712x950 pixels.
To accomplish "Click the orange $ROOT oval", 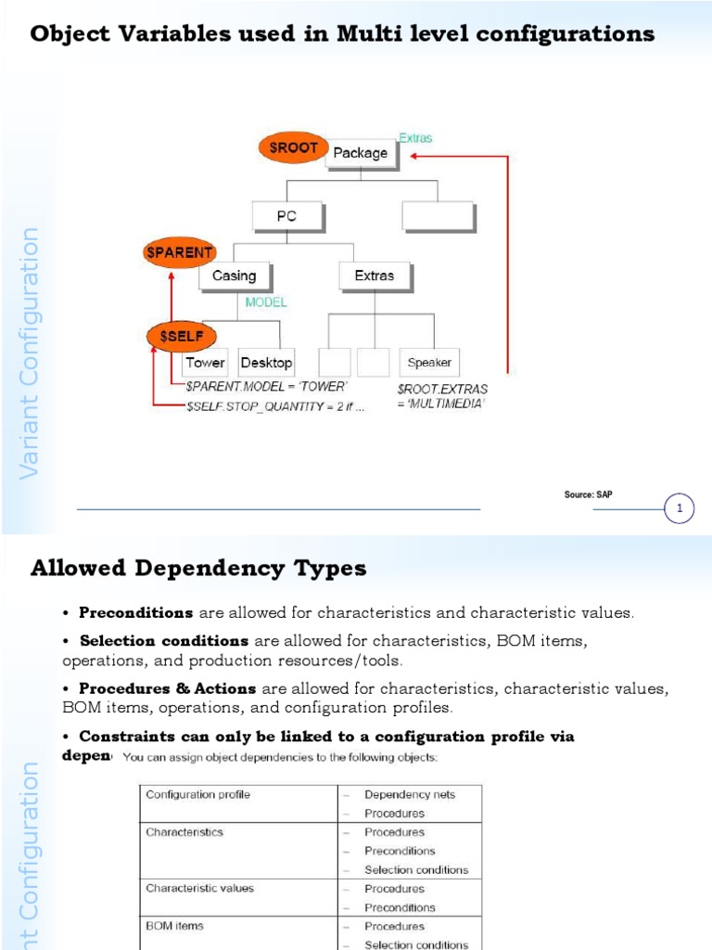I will tap(293, 148).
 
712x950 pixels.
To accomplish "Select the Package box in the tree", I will tap(361, 154).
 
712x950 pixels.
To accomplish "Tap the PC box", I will tap(286, 217).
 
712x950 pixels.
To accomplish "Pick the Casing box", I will tap(234, 276).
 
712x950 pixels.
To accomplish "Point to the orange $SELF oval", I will tap(182, 337).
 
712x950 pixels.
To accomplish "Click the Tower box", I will tap(205, 363).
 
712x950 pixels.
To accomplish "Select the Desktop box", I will tap(266, 363).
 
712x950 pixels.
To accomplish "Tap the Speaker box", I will tap(429, 363).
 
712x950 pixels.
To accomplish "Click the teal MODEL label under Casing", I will tap(266, 302).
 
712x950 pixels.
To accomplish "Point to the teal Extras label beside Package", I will tap(415, 138).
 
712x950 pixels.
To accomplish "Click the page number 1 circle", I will tap(680, 508).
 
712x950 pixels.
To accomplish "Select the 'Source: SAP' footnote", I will tap(588, 494).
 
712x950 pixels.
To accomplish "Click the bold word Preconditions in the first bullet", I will tap(136, 612).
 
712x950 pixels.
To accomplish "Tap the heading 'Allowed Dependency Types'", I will tap(198, 569).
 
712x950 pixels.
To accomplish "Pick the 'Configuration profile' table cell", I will tap(197, 794).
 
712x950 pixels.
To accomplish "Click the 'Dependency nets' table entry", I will tap(410, 794).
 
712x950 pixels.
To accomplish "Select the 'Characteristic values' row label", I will tap(199, 888).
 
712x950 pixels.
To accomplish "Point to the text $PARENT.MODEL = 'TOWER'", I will tap(265, 386).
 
